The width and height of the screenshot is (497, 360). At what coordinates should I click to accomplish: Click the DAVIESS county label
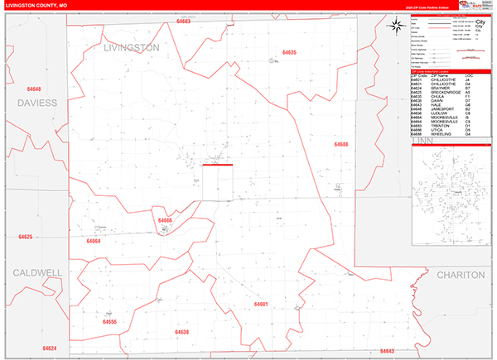click(x=35, y=103)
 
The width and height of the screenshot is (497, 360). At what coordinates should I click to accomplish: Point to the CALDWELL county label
click(x=36, y=271)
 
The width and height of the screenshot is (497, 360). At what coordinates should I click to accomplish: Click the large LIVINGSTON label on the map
click(x=132, y=48)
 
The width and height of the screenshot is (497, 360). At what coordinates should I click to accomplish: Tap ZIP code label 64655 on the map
click(x=289, y=52)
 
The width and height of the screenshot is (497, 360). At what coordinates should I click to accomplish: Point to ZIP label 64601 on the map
click(x=262, y=304)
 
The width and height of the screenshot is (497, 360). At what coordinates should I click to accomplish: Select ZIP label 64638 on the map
click(x=182, y=332)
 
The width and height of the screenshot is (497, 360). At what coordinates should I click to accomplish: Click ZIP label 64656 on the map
click(x=110, y=321)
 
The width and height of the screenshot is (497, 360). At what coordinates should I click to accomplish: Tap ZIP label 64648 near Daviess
click(x=34, y=88)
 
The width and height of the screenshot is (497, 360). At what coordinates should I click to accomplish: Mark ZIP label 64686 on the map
click(x=165, y=220)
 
